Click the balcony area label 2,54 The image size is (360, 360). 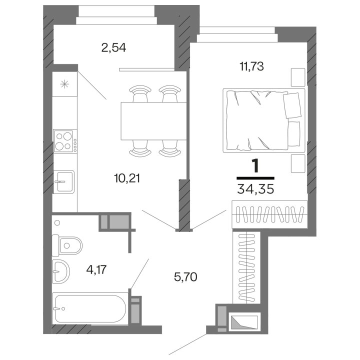pyautogui.click(x=113, y=48)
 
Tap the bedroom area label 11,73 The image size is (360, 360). pyautogui.click(x=251, y=66)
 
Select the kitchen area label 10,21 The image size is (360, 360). pyautogui.click(x=127, y=178)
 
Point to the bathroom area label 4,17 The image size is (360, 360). pyautogui.click(x=96, y=269)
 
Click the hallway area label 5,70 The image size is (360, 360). pyautogui.click(x=185, y=277)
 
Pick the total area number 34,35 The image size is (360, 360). pyautogui.click(x=255, y=189)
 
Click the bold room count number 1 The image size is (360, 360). pyautogui.click(x=255, y=166)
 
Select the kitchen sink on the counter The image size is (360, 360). pyautogui.click(x=64, y=182)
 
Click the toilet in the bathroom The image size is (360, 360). pyautogui.click(x=67, y=245)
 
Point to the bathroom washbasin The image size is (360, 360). pyautogui.click(x=61, y=271)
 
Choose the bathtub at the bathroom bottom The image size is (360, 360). pyautogui.click(x=90, y=308)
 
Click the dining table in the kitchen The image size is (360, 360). pyautogui.click(x=153, y=121)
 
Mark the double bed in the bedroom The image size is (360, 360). pyautogui.click(x=264, y=120)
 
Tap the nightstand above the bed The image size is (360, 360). pyautogui.click(x=298, y=77)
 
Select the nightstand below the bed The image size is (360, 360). pyautogui.click(x=298, y=163)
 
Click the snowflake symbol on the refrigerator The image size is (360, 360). pyautogui.click(x=64, y=84)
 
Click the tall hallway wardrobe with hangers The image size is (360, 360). pyautogui.click(x=246, y=267)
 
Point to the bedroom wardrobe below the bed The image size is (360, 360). pyautogui.click(x=269, y=214)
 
